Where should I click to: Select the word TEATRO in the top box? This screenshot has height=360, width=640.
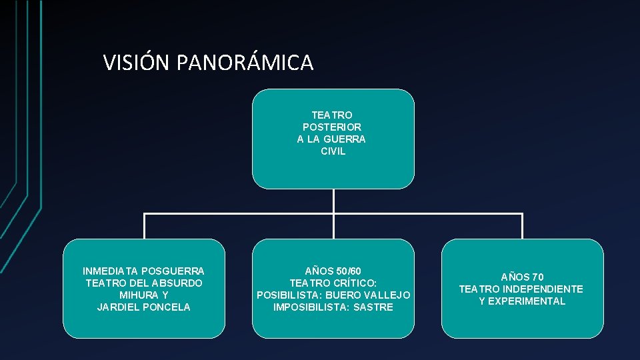332,115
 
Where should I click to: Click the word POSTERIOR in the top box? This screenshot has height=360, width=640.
332,127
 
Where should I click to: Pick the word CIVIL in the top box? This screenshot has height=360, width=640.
333,151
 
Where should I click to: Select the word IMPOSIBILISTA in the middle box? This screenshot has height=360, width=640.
310,307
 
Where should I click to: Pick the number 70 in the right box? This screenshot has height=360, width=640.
538,277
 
